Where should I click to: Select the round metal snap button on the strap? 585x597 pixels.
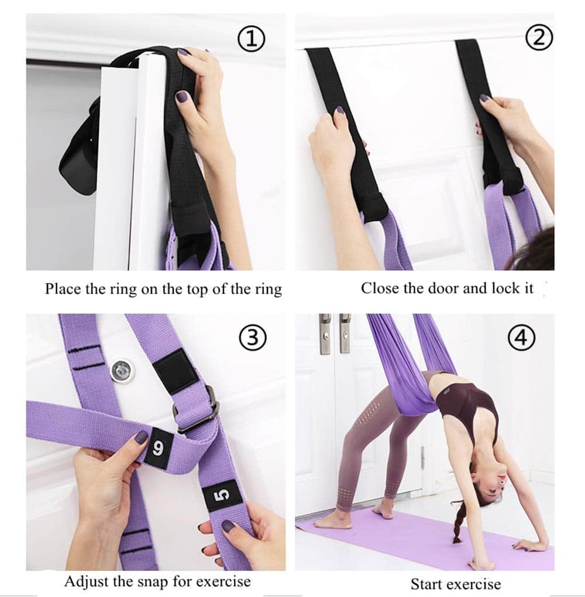point(123,370)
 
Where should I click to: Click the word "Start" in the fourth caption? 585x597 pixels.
point(426,584)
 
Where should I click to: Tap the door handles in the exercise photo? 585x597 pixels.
point(335,333)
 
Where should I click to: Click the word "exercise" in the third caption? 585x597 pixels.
point(223,582)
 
